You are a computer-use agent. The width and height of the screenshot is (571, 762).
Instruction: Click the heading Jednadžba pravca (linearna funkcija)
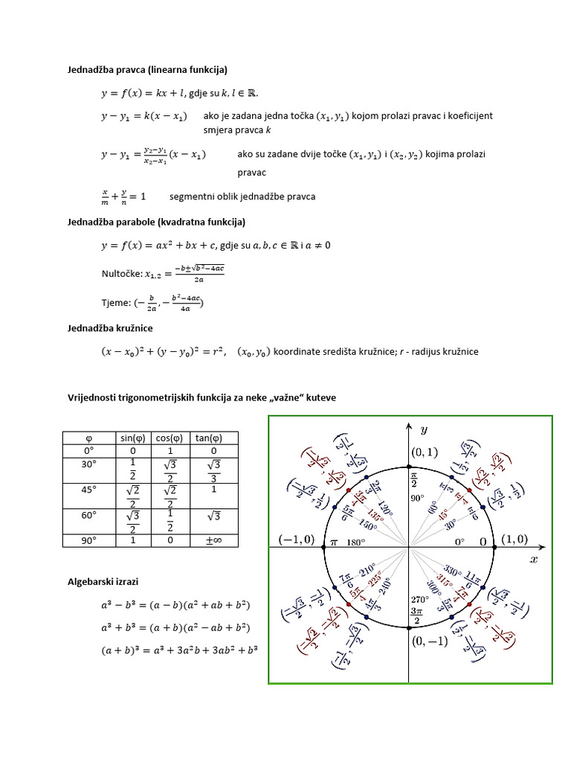pyautogui.click(x=148, y=70)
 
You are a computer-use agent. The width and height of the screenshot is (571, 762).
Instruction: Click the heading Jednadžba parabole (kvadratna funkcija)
pyautogui.click(x=156, y=222)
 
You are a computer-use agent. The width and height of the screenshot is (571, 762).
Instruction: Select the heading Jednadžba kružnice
pyautogui.click(x=111, y=327)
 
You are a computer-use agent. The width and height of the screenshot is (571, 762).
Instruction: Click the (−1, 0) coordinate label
pyautogui.click(x=295, y=540)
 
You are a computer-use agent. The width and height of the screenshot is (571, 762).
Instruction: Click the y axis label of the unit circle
pyautogui.click(x=424, y=429)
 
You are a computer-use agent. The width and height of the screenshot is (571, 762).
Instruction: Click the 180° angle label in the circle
pyautogui.click(x=358, y=542)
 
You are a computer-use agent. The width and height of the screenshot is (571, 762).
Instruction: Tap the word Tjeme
pyautogui.click(x=115, y=303)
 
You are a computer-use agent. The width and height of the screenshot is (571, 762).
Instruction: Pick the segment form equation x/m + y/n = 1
pyautogui.click(x=123, y=196)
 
